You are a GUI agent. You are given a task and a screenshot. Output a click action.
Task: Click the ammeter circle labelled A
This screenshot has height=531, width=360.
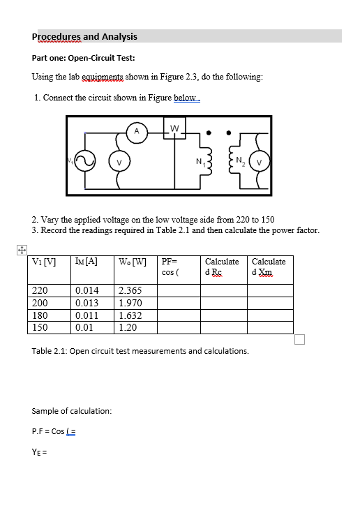[137, 130]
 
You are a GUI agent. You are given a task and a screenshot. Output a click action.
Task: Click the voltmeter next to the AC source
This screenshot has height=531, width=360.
[119, 163]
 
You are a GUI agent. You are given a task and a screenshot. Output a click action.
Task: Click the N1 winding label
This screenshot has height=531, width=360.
[200, 165]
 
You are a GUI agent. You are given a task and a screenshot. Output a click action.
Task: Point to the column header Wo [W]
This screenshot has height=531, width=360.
[133, 262]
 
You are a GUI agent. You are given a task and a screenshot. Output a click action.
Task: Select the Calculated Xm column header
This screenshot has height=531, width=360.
[269, 267]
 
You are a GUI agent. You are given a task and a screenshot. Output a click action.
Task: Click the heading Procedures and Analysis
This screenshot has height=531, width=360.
[84, 36]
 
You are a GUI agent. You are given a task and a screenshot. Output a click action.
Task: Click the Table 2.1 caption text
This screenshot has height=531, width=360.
[140, 351]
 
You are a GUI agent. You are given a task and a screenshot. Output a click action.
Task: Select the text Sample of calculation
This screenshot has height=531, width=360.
[72, 411]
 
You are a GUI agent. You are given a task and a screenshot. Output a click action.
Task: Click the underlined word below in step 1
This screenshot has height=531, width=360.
[186, 98]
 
